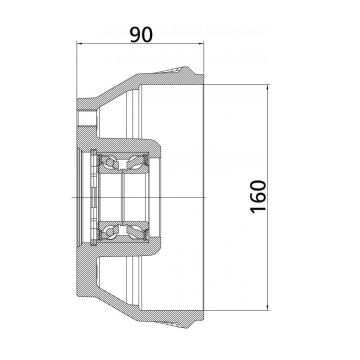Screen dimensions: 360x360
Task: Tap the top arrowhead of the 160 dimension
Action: [x=271, y=88]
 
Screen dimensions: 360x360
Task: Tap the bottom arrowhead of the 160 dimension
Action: [x=271, y=311]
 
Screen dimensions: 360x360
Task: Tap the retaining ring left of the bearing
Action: [x=93, y=199]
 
